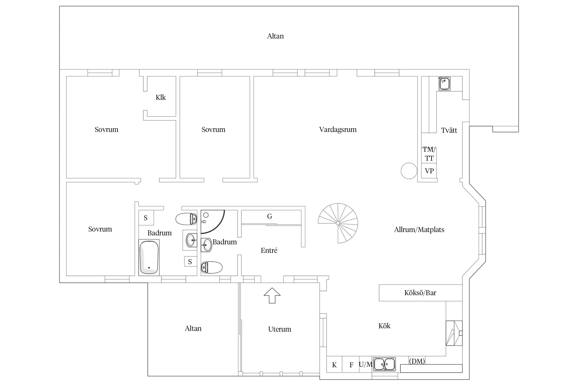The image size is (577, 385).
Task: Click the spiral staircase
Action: (338, 223)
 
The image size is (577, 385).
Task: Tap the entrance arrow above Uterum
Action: (272, 295)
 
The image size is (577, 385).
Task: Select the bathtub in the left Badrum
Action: (149, 257)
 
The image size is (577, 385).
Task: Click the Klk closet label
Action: (161, 98)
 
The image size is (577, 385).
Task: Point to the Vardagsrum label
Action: (338, 130)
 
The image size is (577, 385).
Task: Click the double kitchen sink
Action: (384, 364)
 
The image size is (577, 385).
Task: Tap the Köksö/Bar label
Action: (420, 293)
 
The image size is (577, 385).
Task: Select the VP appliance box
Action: (429, 171)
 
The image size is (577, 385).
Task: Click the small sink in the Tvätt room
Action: (444, 84)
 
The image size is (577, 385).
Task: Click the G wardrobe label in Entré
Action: (270, 216)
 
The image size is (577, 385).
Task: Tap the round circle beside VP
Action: (409, 171)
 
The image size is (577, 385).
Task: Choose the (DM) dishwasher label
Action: (417, 361)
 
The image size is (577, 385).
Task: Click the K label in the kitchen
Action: (334, 365)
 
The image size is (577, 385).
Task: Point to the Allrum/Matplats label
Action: (419, 230)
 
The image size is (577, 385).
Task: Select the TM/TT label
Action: (429, 154)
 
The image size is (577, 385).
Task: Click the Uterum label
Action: (280, 329)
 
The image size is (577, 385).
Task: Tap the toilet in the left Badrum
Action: (186, 219)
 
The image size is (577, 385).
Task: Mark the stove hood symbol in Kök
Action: (454, 333)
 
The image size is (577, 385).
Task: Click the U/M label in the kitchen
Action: (365, 364)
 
